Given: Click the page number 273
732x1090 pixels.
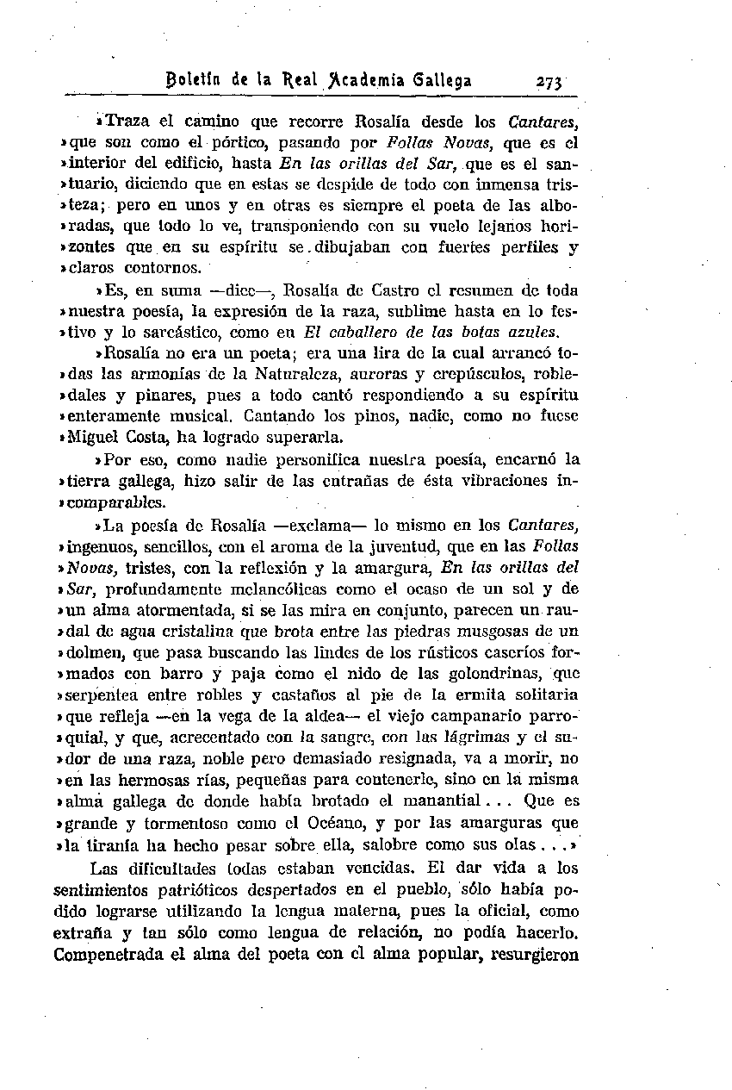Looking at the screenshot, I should pos(548,82).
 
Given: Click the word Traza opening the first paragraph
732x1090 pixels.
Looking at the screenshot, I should pos(130,122).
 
